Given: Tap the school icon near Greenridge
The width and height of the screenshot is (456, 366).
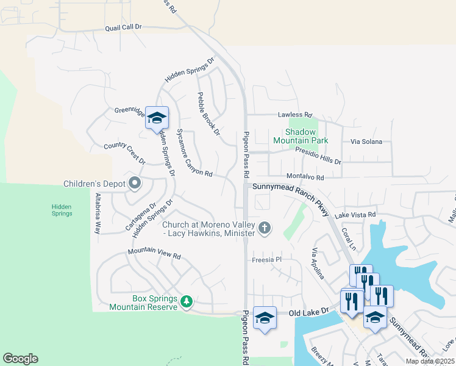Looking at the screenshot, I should (157, 118).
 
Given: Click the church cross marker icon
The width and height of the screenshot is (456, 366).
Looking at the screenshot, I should (264, 228).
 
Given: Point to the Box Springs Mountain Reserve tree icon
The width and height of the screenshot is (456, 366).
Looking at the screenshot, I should (187, 301).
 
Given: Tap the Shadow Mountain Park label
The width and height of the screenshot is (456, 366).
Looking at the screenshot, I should (307, 136).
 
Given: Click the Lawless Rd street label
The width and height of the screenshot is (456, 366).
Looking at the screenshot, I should (294, 115).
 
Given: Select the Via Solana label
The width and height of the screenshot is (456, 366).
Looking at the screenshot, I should (366, 142).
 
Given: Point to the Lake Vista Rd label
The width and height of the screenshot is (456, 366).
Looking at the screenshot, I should (355, 215).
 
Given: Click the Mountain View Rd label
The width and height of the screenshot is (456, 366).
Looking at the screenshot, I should (155, 253).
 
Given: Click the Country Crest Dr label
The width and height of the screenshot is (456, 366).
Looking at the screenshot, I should (124, 153).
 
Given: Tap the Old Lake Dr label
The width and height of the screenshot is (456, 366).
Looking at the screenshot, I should (308, 312).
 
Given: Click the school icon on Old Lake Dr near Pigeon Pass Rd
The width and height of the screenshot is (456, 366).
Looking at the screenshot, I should (265, 318).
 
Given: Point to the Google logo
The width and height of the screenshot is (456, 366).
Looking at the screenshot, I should (20, 359).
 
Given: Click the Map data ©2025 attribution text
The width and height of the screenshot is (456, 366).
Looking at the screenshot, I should (430, 361).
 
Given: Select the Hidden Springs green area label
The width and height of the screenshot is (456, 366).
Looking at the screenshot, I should (62, 210).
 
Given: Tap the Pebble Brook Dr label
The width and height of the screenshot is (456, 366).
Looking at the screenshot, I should (208, 113).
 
